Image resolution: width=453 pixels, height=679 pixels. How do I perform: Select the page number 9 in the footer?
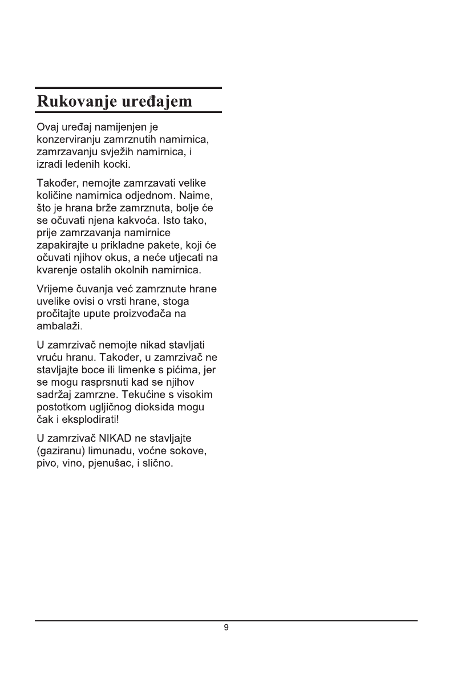point(226,628)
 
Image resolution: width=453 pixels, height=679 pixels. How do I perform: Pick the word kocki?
point(117,165)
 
